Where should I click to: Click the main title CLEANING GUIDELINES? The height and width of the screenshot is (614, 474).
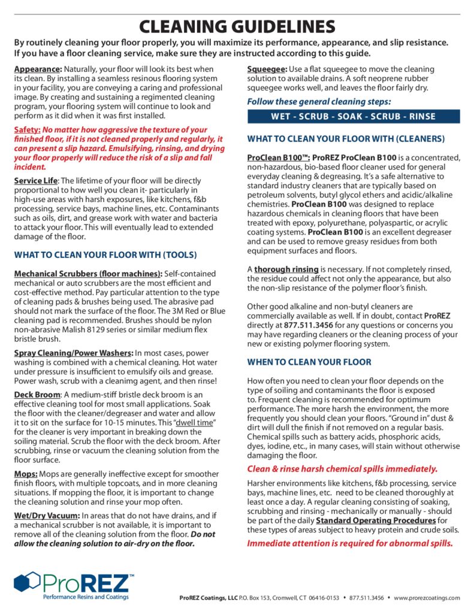237,26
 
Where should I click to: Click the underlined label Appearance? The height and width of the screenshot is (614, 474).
38,70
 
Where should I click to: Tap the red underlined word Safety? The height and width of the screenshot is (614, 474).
28,130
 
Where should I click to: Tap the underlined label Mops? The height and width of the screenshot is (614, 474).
27,474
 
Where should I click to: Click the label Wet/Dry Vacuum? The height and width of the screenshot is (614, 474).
46,516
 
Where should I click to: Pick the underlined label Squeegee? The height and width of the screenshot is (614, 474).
267,70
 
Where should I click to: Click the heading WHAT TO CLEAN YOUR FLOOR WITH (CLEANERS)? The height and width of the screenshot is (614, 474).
346,139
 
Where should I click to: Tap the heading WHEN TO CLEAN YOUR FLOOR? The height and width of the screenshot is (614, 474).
309,362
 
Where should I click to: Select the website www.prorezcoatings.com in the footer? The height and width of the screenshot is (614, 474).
427,598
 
